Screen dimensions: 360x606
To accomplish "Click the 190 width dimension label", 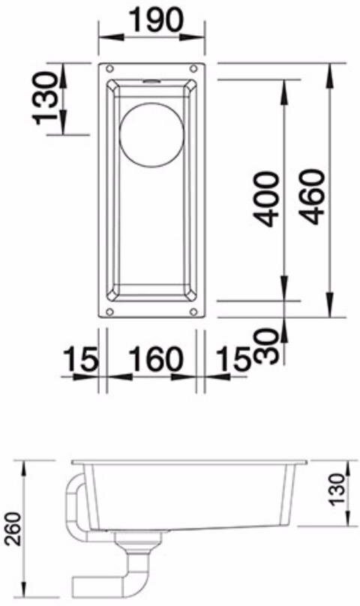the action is click(156, 20).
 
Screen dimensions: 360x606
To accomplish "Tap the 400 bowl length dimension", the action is click(268, 199).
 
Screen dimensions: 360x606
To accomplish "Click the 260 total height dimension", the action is click(14, 528).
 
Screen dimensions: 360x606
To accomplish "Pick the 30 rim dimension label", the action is click(268, 346).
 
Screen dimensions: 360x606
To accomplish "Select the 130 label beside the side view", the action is click(337, 489).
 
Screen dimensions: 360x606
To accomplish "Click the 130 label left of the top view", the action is click(46, 98).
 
